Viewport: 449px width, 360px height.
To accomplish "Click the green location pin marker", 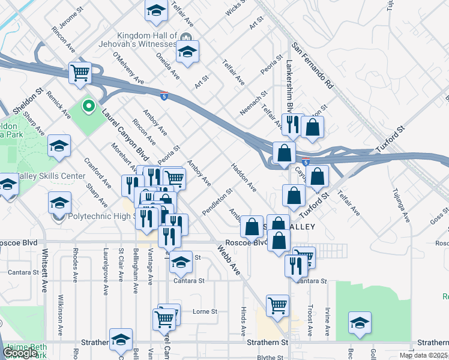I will click(x=89, y=107).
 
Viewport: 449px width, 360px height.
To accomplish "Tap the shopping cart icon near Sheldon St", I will click(x=80, y=74).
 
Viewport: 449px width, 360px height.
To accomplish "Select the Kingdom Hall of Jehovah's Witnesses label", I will click(x=146, y=40).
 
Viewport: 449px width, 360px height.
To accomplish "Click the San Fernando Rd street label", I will click(x=312, y=65).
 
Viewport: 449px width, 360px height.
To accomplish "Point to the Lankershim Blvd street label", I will click(x=289, y=83).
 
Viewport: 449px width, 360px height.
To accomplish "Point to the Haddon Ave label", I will click(x=244, y=178).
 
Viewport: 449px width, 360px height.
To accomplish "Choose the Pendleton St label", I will click(x=217, y=203).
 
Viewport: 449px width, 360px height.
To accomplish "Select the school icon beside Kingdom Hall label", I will click(x=187, y=52).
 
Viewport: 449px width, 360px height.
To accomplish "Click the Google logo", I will click(x=20, y=353).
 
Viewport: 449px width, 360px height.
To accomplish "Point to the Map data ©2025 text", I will click(x=423, y=355).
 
